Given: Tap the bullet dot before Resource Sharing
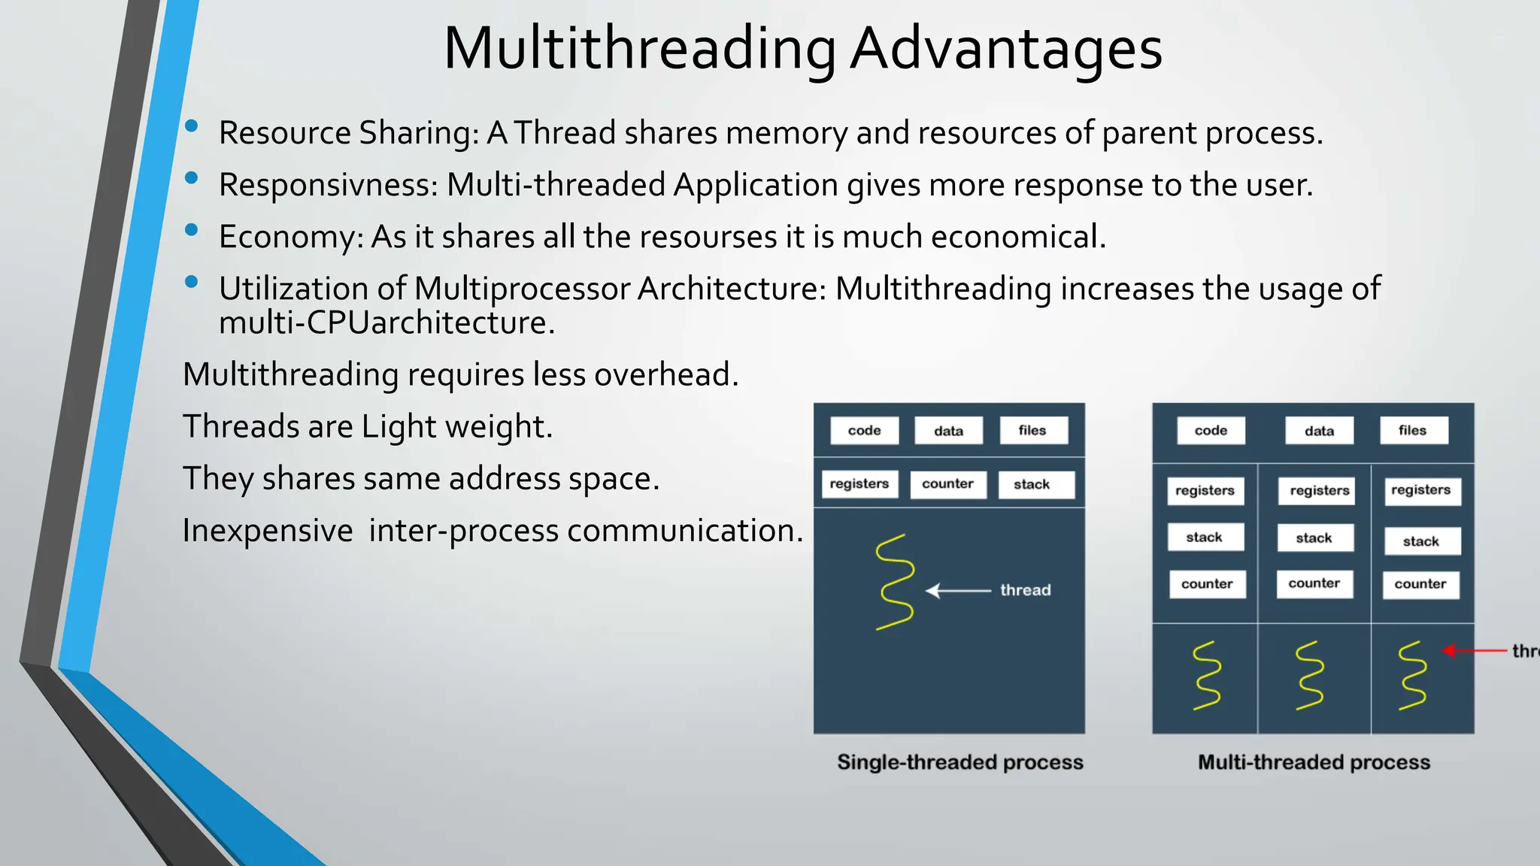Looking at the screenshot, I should click(x=192, y=126).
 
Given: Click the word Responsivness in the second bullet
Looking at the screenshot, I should click(x=328, y=185).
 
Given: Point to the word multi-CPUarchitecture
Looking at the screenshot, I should click(x=387, y=323).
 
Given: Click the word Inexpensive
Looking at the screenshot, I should click(x=267, y=531).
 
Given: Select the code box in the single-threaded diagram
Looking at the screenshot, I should click(x=864, y=431).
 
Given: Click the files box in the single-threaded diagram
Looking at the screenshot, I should click(x=1032, y=431).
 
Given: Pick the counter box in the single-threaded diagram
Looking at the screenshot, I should click(x=947, y=484).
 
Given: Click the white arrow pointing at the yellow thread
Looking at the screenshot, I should click(x=957, y=591).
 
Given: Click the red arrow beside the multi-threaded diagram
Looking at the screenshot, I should click(x=1474, y=650).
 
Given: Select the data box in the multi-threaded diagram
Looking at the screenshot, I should click(x=1319, y=431).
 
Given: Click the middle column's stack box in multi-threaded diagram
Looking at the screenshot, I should click(x=1314, y=538).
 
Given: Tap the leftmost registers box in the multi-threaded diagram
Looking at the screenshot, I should click(x=1205, y=491).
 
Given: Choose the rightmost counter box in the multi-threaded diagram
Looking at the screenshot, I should click(x=1420, y=584).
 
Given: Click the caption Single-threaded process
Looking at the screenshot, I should click(x=960, y=762).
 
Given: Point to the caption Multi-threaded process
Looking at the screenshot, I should click(x=1314, y=762).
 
